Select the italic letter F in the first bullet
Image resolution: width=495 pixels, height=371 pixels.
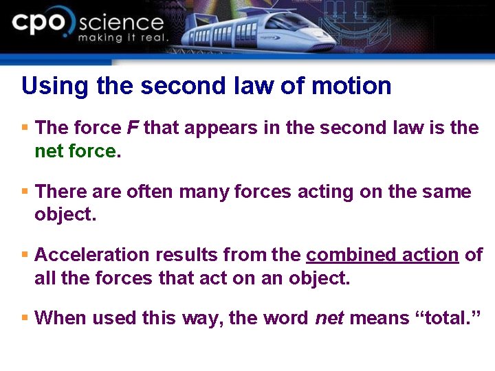tap(133, 128)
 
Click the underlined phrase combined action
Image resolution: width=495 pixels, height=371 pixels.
tap(382, 255)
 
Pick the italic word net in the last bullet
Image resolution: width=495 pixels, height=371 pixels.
tap(330, 318)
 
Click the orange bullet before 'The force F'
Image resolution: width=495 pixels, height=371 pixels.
tap(25, 128)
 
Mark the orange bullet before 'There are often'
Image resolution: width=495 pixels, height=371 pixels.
tap(25, 191)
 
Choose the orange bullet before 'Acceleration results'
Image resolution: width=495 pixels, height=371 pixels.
tap(25, 254)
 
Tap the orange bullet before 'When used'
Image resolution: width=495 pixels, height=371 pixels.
tap(25, 317)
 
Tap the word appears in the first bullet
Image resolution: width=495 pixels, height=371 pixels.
tap(219, 128)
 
